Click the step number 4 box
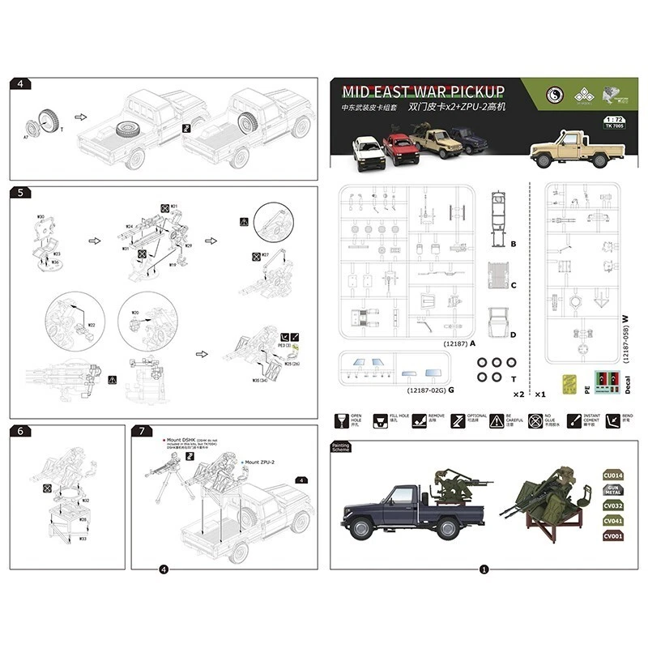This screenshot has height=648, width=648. (x=20, y=83)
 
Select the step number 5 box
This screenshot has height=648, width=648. (x=20, y=193)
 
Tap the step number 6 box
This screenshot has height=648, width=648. (x=20, y=430)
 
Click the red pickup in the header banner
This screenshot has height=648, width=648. (x=401, y=148)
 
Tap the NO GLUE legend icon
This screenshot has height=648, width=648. (x=535, y=421)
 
